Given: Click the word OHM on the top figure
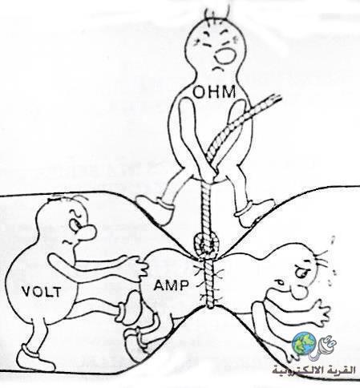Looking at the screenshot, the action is [214, 92].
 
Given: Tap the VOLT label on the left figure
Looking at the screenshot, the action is [42, 292].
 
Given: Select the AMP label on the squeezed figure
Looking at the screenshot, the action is [171, 285].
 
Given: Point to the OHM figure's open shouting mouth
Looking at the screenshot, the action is [226, 55].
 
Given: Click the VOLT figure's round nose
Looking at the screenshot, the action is [87, 232].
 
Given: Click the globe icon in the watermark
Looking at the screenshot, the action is [304, 342].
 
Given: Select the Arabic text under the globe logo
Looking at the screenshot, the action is [314, 370].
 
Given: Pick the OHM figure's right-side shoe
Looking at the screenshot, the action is [254, 213].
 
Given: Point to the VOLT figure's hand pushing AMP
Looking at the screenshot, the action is [137, 267].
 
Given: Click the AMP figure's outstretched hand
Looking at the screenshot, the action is [319, 311].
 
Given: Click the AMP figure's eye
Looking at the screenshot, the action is [302, 272].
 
